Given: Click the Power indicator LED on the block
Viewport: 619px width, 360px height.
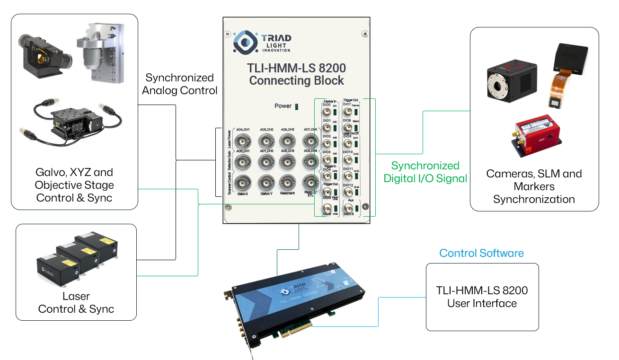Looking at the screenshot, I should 297,106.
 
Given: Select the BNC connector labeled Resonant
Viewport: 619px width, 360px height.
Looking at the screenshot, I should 288,182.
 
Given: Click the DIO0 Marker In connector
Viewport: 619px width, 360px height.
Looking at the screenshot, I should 327,113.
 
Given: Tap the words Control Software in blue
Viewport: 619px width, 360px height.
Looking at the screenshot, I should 481,253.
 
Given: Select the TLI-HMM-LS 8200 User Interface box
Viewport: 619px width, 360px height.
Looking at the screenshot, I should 482,297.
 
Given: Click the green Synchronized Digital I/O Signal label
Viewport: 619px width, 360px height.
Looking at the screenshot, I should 425,172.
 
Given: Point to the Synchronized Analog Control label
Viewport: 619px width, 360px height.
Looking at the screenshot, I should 179,84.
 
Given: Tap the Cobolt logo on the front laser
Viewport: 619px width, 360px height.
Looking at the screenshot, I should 49,272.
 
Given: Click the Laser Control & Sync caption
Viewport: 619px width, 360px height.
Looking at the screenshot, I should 76,303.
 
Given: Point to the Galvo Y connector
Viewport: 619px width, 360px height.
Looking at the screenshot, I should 266,182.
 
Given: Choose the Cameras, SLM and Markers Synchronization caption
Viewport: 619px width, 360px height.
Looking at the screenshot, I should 534,186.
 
